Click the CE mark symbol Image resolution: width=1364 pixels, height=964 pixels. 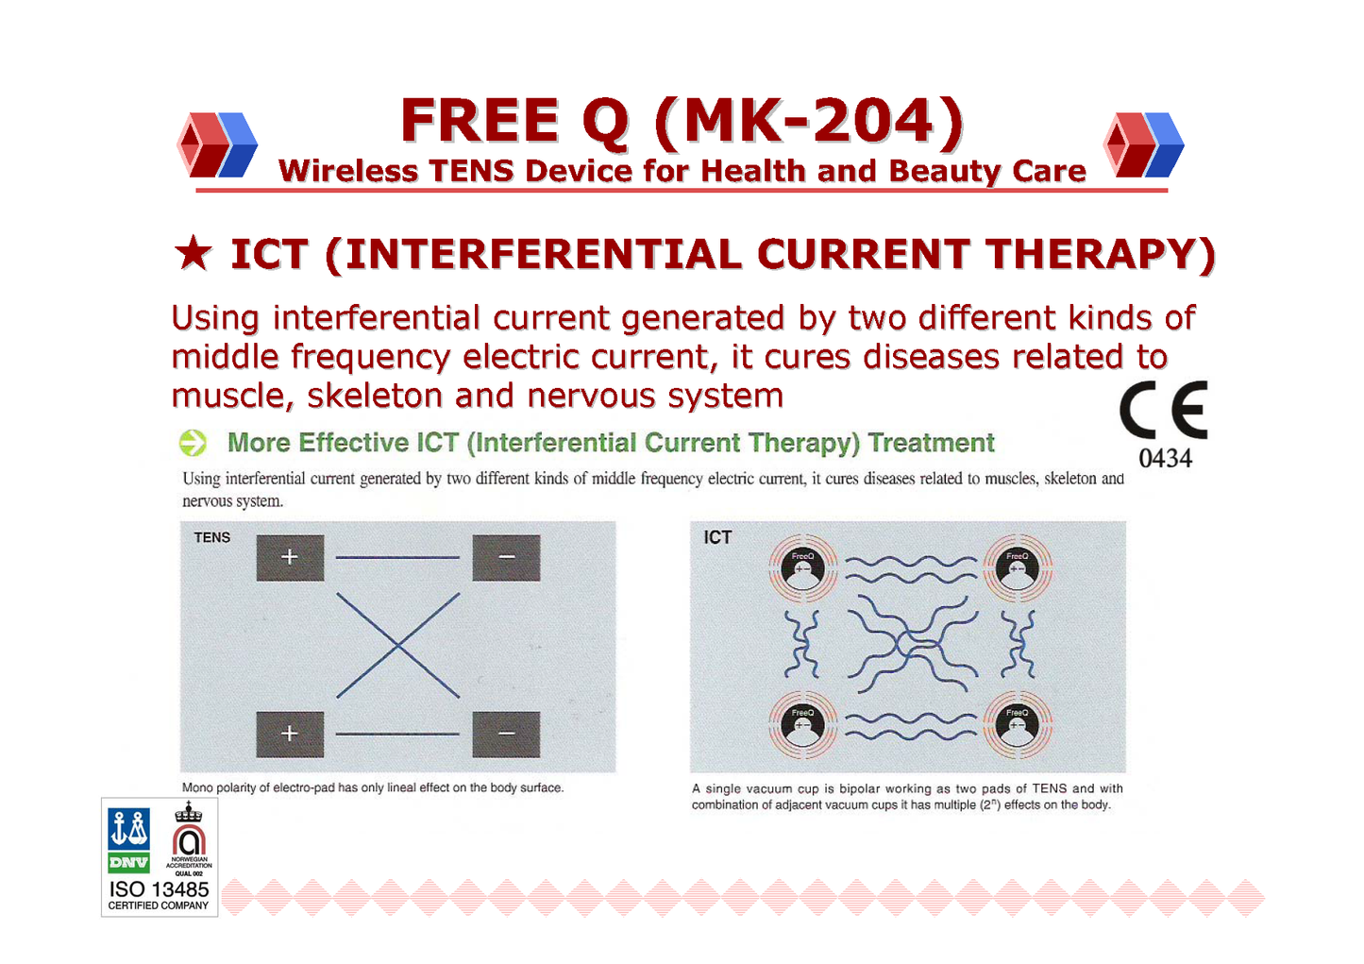(x=1163, y=409)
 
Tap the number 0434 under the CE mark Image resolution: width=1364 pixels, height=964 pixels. (x=1165, y=459)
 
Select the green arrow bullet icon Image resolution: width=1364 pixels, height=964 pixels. (x=193, y=443)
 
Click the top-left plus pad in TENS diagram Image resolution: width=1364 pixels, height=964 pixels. (x=290, y=558)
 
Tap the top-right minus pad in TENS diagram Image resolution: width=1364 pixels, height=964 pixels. (x=506, y=558)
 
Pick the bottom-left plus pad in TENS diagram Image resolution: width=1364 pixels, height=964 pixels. (x=290, y=735)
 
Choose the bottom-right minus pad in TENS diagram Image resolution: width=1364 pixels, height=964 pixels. (x=506, y=735)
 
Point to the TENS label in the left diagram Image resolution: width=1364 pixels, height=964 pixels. (x=211, y=538)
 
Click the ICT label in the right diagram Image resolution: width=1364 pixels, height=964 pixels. (x=717, y=538)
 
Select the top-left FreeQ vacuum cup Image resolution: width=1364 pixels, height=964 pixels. (x=803, y=568)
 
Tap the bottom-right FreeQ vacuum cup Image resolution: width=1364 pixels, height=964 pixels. (x=1018, y=725)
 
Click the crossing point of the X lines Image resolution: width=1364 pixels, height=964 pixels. (x=397, y=646)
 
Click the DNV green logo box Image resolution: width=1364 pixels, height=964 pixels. (x=128, y=862)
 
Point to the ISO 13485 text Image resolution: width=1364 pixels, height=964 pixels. (x=159, y=889)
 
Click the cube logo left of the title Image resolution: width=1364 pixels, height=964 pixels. (x=217, y=145)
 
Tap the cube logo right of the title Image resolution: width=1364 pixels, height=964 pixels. (x=1143, y=145)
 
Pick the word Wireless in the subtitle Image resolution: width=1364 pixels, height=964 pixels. (x=347, y=171)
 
